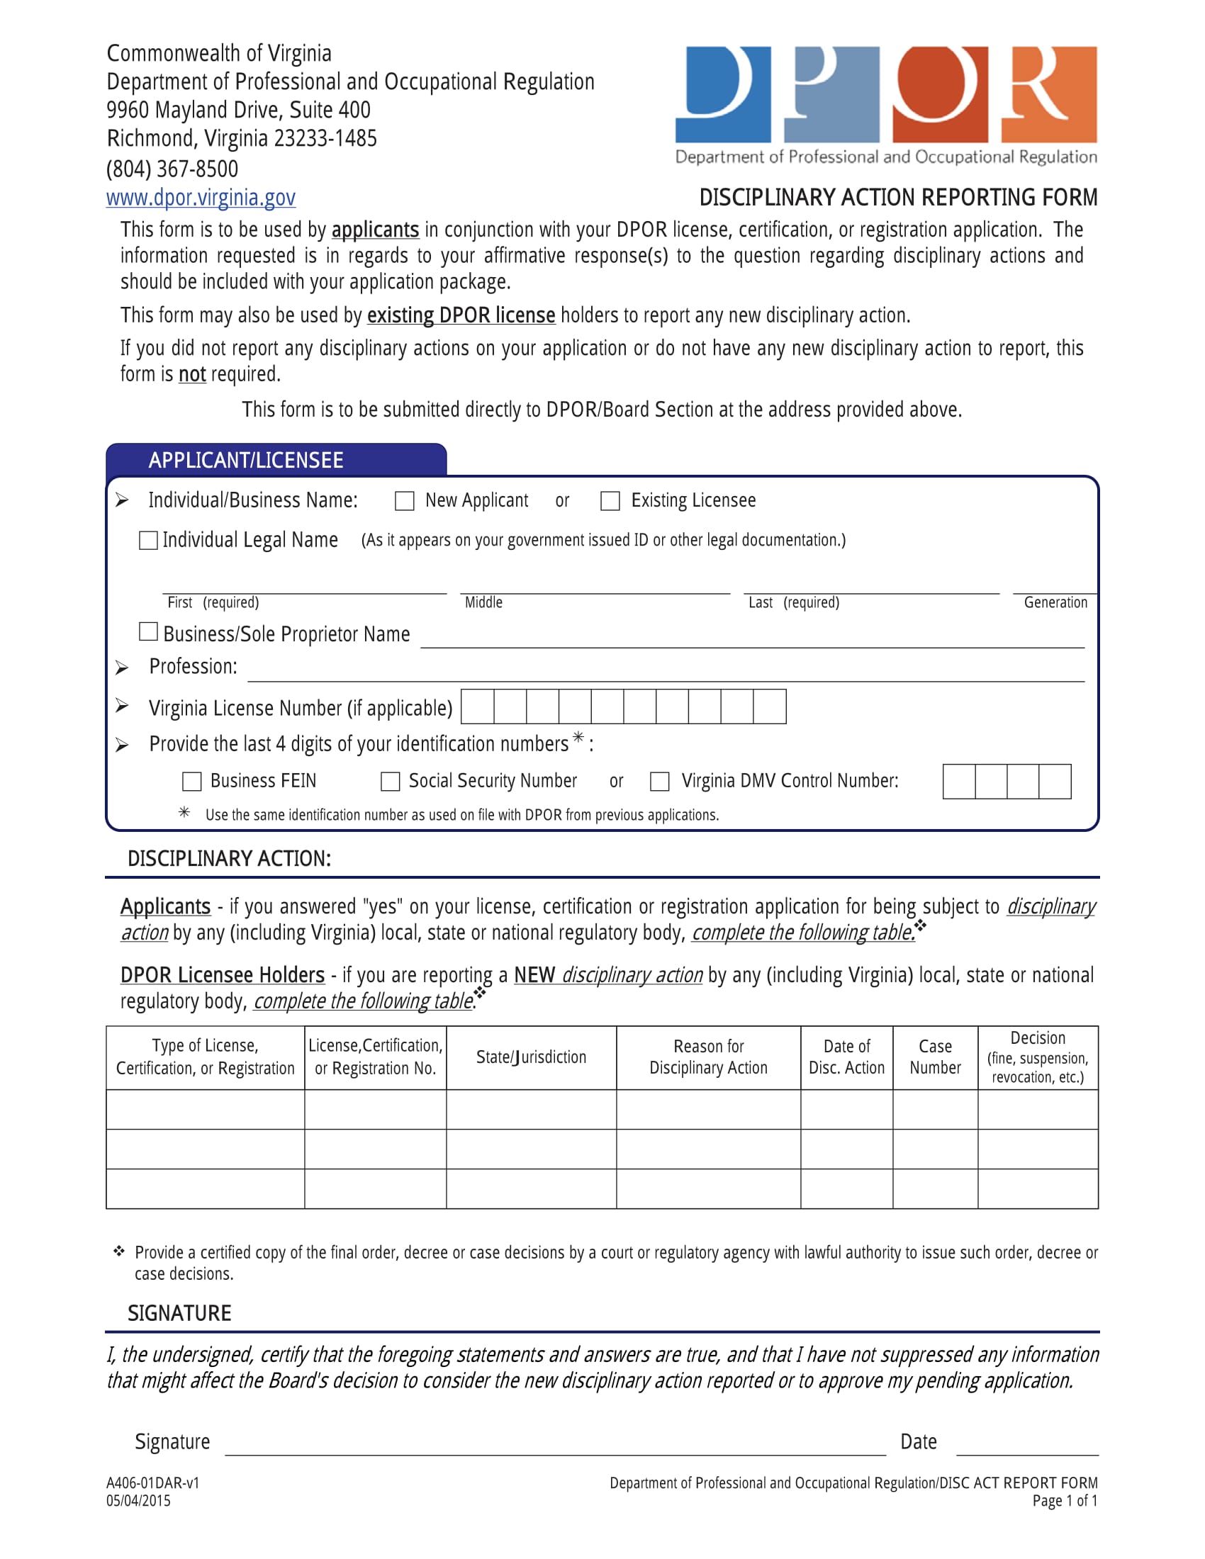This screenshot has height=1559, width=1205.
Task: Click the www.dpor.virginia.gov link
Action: (x=201, y=198)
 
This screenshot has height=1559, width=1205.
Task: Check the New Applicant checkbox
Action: (x=405, y=501)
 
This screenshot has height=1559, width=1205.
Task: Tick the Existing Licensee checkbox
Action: (x=610, y=501)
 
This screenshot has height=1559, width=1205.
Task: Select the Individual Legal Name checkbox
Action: (x=148, y=541)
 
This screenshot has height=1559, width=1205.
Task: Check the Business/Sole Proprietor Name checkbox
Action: (x=148, y=631)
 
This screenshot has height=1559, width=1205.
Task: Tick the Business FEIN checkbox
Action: (x=192, y=782)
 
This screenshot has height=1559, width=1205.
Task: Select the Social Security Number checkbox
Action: (x=391, y=782)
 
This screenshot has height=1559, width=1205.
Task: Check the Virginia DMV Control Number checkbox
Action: (x=660, y=782)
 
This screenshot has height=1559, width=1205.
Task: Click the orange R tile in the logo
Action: (x=1048, y=94)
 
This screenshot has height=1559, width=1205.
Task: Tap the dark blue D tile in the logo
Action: (x=723, y=94)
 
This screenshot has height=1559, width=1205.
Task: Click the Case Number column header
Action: (x=935, y=1057)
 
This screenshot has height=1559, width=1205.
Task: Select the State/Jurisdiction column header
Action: (x=531, y=1057)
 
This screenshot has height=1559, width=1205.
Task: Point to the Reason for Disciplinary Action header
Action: (x=708, y=1057)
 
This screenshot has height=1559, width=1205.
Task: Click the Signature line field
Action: (x=555, y=1444)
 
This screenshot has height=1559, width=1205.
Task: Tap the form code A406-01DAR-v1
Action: (x=153, y=1483)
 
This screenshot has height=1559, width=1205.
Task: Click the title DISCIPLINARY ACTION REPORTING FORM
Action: (x=898, y=198)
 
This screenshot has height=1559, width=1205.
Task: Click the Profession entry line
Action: (x=666, y=670)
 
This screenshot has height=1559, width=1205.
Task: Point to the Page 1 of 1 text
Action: (x=1065, y=1501)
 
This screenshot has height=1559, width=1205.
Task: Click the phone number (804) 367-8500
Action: (x=172, y=169)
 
